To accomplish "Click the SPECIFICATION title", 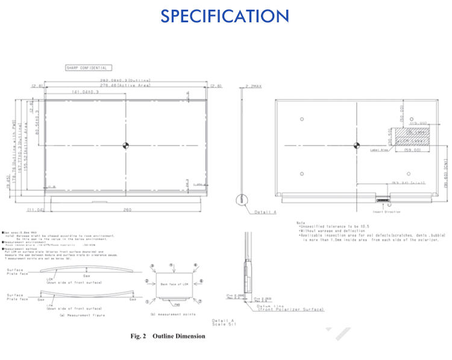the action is point(225,16).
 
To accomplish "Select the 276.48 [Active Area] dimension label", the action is point(125,86).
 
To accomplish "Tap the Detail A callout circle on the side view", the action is point(242,199).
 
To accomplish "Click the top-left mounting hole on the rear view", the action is point(301,118).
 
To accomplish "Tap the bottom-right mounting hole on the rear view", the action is point(410,175).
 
